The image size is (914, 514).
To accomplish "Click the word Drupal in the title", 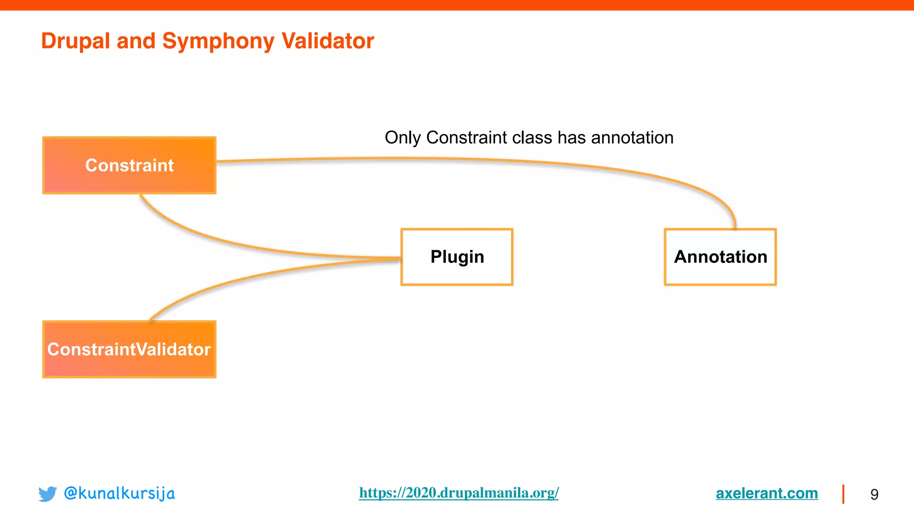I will tap(75, 41).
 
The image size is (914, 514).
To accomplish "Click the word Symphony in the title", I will tap(218, 41).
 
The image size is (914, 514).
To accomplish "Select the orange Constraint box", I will tap(129, 166).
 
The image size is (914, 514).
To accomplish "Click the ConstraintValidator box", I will tap(129, 349).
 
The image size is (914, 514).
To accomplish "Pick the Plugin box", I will tap(457, 257).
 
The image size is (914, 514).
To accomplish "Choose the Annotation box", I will tap(720, 257).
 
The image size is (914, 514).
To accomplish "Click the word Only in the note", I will tap(402, 138).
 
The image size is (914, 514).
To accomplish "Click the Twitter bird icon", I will tap(47, 494).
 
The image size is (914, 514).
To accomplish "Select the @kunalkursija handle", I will tap(119, 493).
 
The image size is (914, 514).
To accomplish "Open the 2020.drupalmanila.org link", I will tap(459, 493).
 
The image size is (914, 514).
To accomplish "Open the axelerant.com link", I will tap(767, 493).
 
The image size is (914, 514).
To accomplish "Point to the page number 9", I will tap(874, 494).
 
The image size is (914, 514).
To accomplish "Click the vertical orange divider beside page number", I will tap(843, 494).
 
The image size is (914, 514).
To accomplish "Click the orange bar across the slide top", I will tap(457, 5).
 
